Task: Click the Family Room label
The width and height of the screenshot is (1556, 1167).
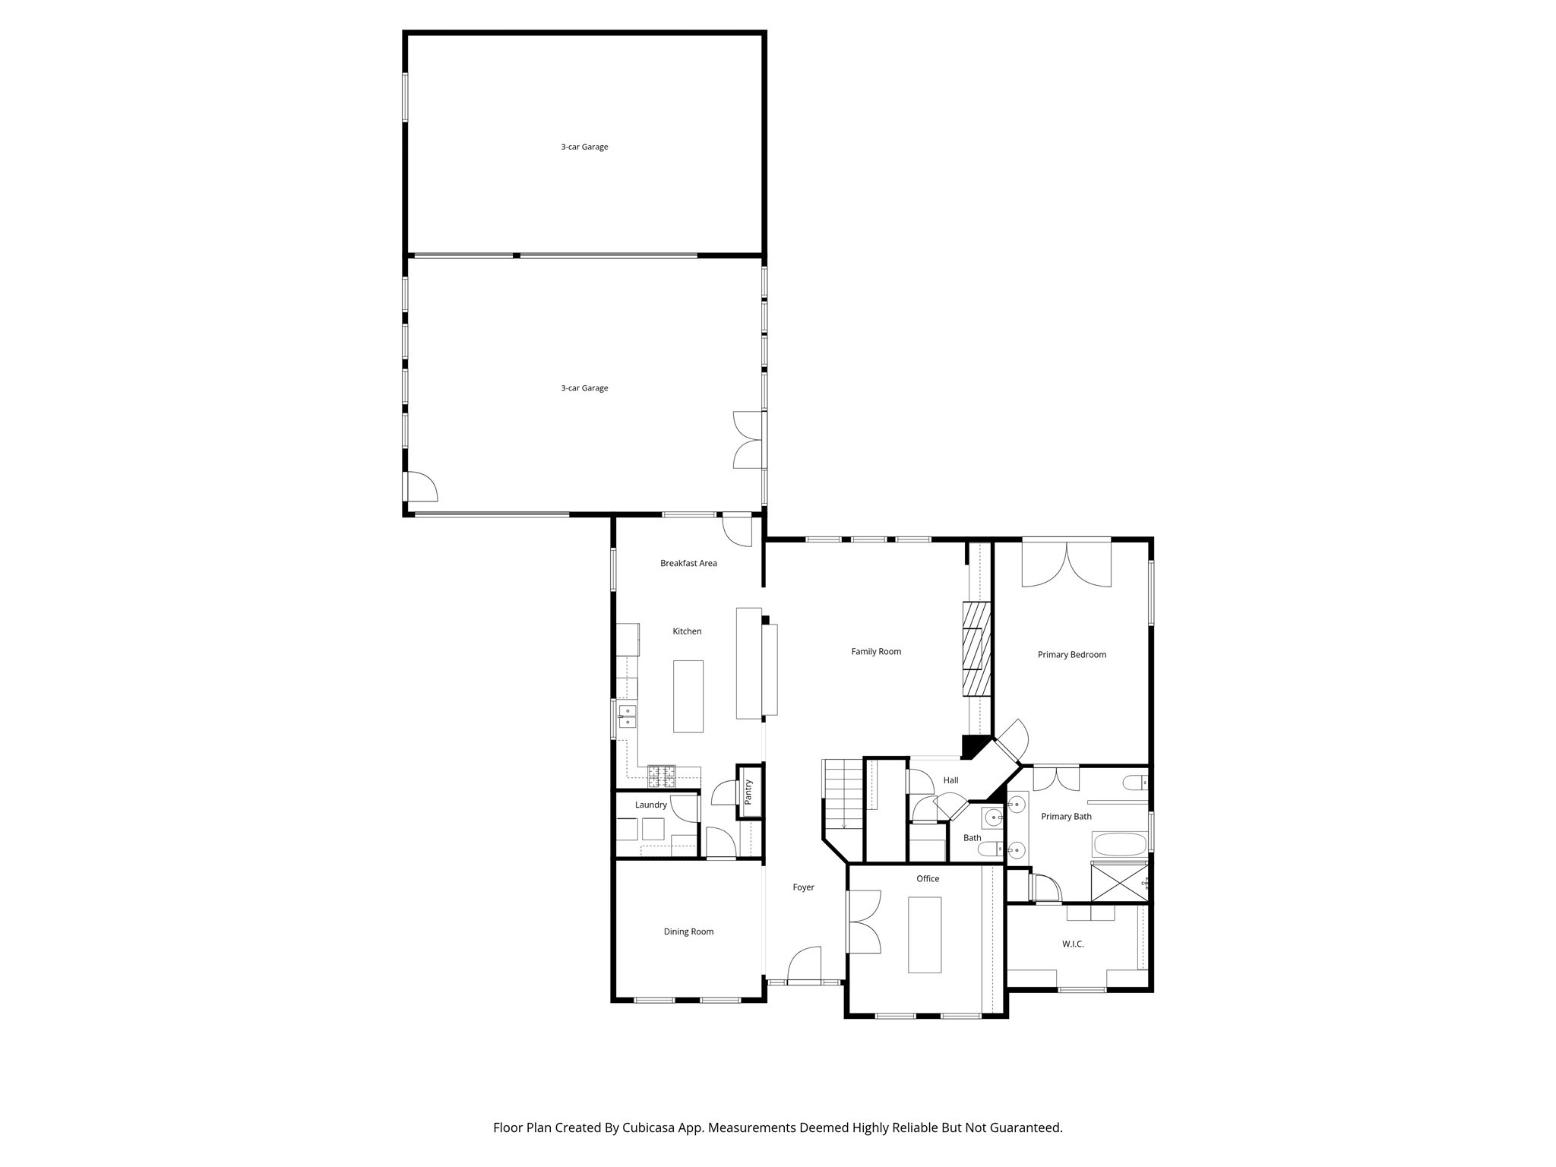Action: [x=875, y=651]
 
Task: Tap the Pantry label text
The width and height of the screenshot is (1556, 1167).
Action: [x=748, y=792]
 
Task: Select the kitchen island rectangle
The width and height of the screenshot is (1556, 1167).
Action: [x=688, y=696]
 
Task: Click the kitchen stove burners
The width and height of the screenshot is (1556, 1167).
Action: [x=661, y=776]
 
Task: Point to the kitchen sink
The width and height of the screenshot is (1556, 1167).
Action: [x=627, y=716]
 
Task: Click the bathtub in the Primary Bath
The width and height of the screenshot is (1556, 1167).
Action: [x=1118, y=845]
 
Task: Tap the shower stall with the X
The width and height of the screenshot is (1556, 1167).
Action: [x=1119, y=881]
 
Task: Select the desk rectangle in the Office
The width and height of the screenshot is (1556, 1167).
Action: [x=925, y=935]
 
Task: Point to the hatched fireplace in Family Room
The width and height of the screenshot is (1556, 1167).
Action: [x=976, y=650]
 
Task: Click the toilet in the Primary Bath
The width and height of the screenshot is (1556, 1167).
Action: [x=1135, y=783]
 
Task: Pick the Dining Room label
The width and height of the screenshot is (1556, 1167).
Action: [x=688, y=931]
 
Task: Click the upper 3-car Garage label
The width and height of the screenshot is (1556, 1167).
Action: [x=584, y=147]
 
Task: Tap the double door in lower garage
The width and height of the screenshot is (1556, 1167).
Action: [x=748, y=440]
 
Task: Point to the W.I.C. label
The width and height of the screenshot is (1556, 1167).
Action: [x=1073, y=944]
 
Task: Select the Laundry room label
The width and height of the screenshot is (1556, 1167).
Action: [x=650, y=805]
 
